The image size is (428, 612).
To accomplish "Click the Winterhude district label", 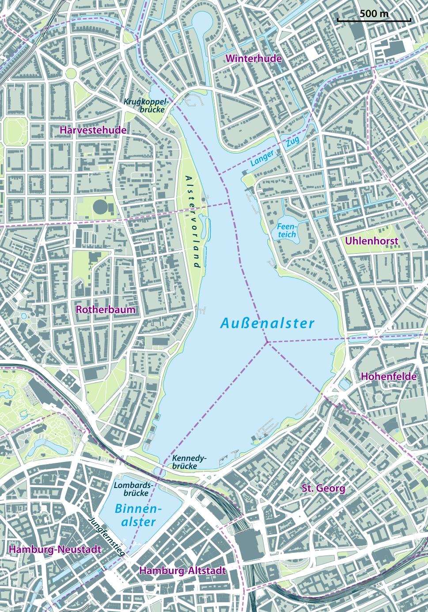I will click(254, 59).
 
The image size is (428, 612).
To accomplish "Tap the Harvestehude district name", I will click(93, 130).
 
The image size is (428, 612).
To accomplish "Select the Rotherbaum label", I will click(106, 309).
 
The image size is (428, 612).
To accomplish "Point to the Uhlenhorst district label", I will click(371, 241).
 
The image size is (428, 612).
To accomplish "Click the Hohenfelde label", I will click(389, 376).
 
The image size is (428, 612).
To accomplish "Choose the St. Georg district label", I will click(323, 488).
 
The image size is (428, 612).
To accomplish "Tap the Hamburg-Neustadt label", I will click(55, 549).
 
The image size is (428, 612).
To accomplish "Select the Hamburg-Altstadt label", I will click(182, 571).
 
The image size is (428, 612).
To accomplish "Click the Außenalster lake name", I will click(267, 323).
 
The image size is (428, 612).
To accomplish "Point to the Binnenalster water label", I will click(136, 515).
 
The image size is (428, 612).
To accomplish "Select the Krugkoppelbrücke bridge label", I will click(145, 105).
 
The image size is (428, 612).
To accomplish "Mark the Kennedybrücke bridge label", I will click(189, 462).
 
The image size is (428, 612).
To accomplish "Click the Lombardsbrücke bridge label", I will click(133, 489).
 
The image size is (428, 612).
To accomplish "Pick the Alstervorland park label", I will click(193, 222).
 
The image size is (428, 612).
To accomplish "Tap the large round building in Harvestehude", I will click(101, 207).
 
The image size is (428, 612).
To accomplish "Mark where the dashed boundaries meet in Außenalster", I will click(267, 342).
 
